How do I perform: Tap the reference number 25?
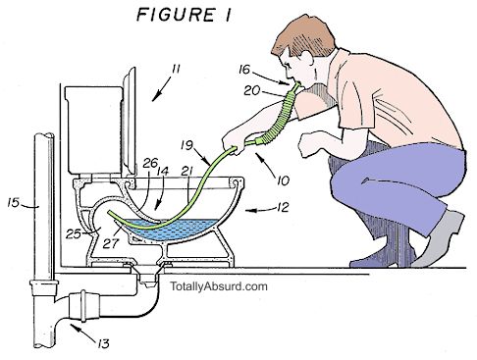point(72,232)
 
